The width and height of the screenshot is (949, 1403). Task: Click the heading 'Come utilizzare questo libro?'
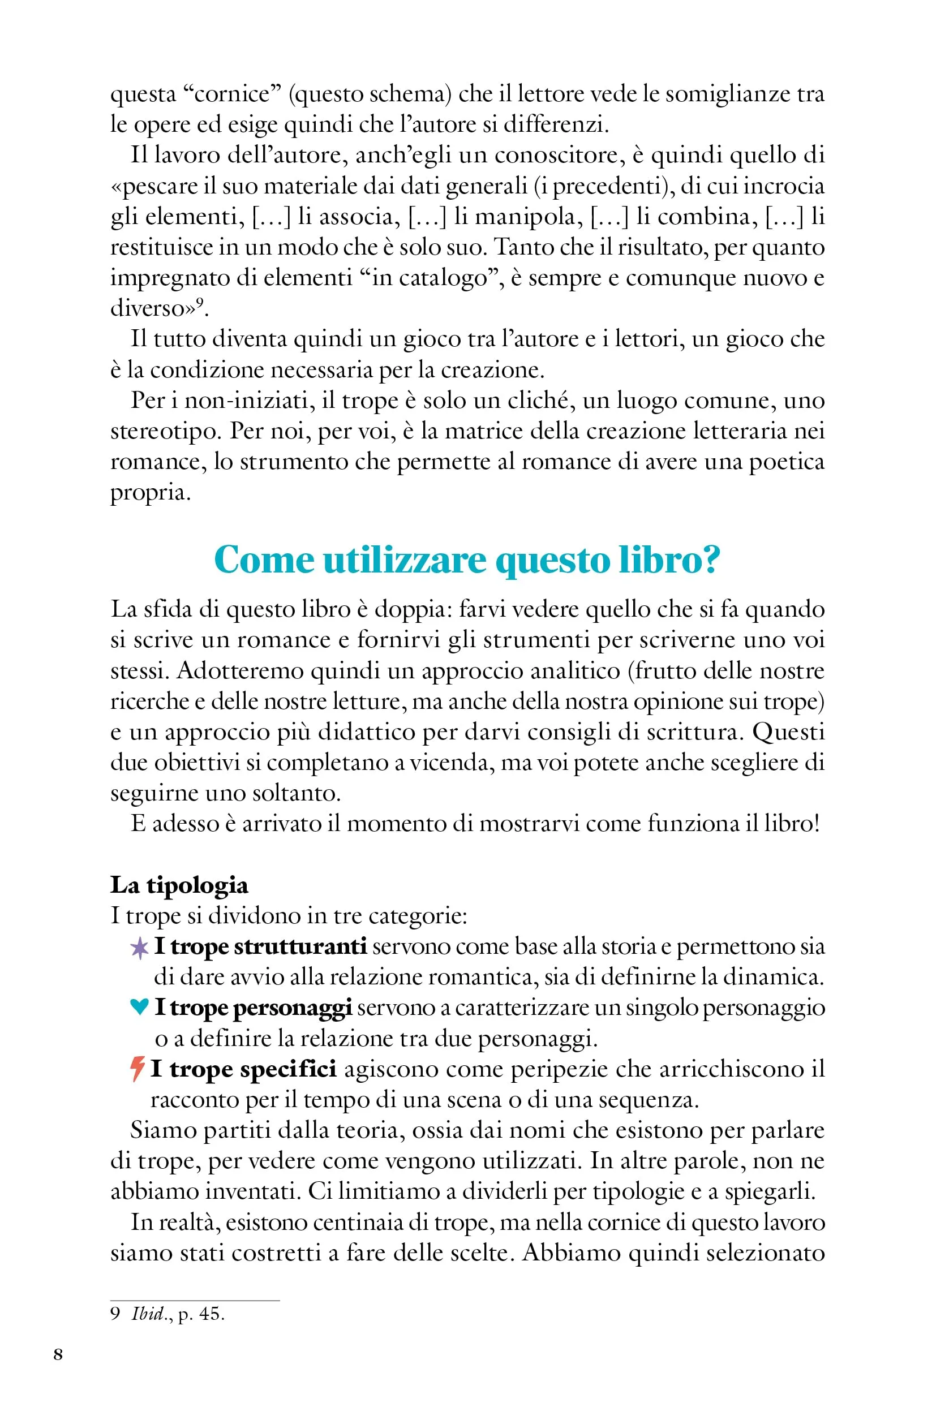[467, 560]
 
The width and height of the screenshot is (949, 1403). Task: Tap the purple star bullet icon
[139, 948]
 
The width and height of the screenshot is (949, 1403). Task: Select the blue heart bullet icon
[139, 1006]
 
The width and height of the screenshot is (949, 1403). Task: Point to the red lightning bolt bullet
[138, 1069]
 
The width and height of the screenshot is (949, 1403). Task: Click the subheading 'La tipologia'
[179, 885]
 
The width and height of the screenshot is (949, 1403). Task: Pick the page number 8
[58, 1354]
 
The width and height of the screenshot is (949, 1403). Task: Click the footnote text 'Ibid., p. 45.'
[178, 1314]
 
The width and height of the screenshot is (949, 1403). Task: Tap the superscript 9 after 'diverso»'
[199, 303]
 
